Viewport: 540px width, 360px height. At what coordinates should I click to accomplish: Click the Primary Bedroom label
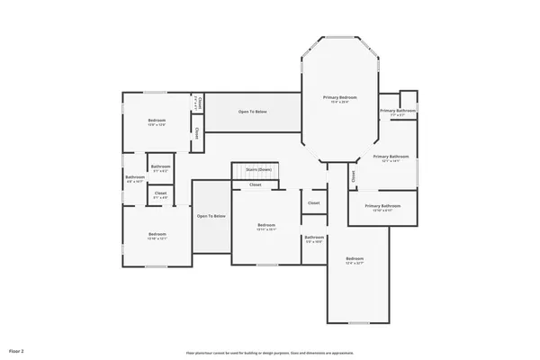[x=341, y=97]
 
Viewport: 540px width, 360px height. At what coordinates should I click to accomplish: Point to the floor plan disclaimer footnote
[x=269, y=353]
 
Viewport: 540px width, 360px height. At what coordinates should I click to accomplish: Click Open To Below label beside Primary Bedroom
[x=252, y=112]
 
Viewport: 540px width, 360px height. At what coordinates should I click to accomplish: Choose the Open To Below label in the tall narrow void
[x=211, y=216]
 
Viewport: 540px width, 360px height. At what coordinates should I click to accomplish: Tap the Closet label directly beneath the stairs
[x=256, y=184]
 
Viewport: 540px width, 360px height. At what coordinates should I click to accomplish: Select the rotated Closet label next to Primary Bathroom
[x=354, y=176]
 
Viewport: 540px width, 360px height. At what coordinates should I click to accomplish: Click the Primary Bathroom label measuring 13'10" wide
[x=382, y=205]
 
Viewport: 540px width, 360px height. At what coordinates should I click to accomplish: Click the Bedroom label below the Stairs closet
[x=265, y=224]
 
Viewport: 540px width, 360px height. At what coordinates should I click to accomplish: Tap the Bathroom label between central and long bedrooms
[x=314, y=238]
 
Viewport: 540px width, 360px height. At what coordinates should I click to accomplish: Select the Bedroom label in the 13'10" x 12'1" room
[x=157, y=234]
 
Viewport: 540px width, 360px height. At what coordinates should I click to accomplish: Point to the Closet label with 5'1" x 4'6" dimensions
[x=160, y=193]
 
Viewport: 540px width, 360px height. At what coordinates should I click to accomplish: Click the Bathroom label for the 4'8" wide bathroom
[x=135, y=177]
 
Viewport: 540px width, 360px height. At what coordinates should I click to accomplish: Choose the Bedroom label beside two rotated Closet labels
[x=157, y=121]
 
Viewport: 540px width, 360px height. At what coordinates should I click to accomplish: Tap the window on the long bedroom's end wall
[x=358, y=322]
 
